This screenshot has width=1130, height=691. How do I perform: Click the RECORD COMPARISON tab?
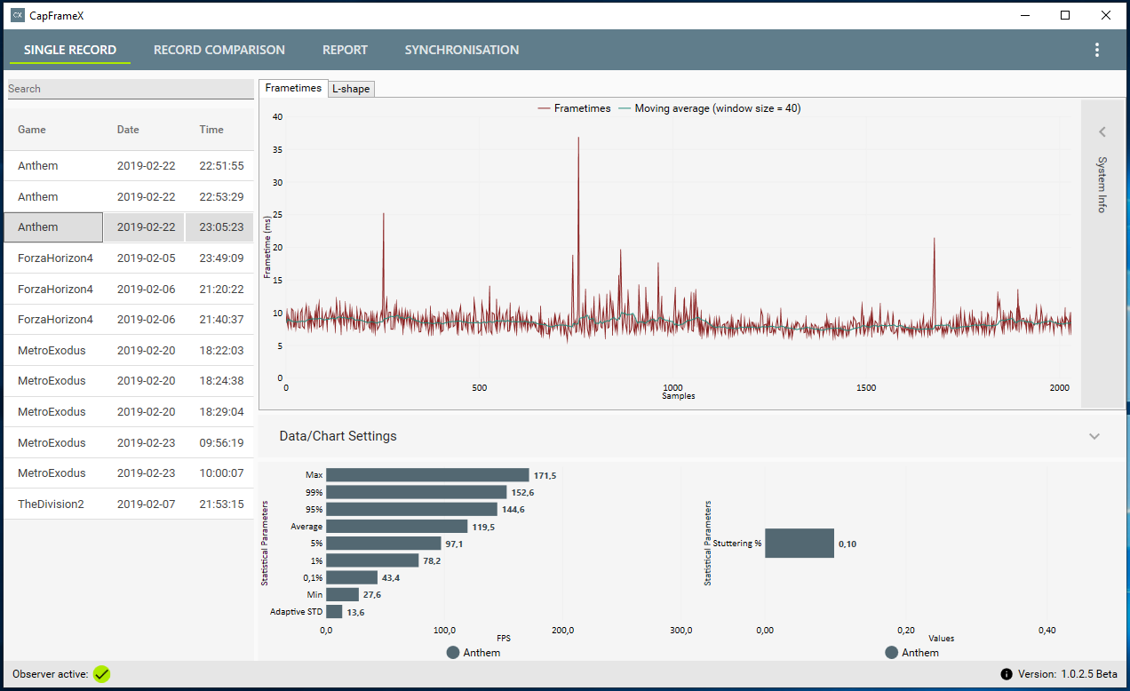click(x=219, y=50)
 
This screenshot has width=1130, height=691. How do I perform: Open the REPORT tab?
click(x=345, y=50)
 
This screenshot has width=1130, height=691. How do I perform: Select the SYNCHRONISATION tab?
click(x=461, y=50)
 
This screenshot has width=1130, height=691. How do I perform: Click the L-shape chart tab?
click(x=350, y=89)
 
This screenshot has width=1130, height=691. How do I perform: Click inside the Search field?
click(x=130, y=89)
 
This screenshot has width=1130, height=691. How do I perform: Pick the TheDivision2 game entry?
click(x=51, y=504)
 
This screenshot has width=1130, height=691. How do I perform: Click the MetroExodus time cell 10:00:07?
click(x=221, y=473)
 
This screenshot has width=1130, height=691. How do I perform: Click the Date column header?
click(x=128, y=130)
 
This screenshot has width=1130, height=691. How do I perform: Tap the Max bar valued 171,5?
click(x=427, y=475)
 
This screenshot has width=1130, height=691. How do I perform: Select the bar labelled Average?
click(x=396, y=527)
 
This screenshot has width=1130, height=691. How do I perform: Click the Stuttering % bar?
click(x=799, y=544)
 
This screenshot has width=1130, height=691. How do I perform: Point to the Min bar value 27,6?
click(x=373, y=595)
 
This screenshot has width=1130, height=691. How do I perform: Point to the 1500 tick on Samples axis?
click(x=866, y=388)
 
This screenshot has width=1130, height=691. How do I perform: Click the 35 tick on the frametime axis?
click(x=277, y=150)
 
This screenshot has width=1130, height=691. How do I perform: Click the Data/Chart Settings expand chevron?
click(x=1094, y=436)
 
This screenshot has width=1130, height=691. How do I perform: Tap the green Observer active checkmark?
click(x=102, y=674)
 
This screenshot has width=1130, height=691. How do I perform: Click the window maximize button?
click(x=1065, y=15)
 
